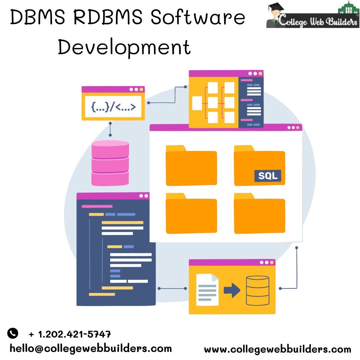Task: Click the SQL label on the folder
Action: click(268, 176)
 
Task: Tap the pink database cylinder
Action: click(110, 163)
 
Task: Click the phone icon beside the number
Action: click(13, 333)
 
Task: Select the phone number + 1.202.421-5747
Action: click(70, 334)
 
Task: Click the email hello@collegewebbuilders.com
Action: click(91, 349)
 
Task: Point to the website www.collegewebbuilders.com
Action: click(277, 349)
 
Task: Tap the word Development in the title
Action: click(124, 47)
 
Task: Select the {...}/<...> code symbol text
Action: click(113, 107)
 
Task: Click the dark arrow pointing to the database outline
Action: click(232, 290)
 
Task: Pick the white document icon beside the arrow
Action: click(207, 289)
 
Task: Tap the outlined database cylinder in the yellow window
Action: click(257, 290)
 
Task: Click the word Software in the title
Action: click(198, 18)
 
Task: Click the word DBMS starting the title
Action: click(38, 18)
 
